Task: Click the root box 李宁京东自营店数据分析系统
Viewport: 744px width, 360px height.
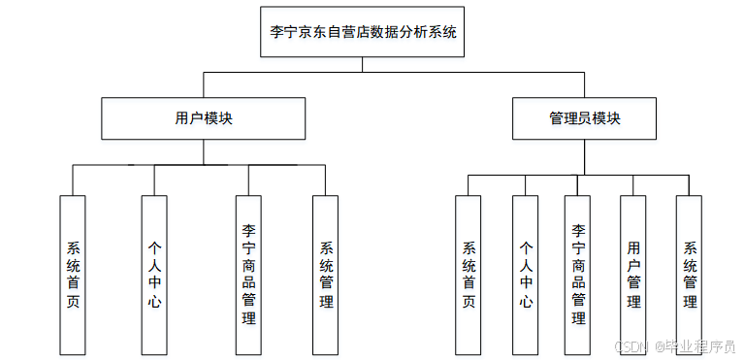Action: [x=363, y=31]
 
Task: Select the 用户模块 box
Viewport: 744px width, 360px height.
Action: [x=204, y=118]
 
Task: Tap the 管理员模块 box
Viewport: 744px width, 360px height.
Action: [x=584, y=118]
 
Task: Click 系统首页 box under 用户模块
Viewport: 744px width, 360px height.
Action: [x=73, y=275]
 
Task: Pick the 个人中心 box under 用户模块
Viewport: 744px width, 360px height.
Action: [x=154, y=275]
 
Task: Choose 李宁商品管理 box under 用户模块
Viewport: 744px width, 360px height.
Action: [x=249, y=275]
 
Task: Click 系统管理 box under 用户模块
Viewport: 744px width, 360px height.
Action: [x=326, y=275]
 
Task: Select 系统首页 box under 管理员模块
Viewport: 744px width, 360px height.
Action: [x=469, y=275]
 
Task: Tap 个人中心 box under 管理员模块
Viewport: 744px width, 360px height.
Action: [x=525, y=275]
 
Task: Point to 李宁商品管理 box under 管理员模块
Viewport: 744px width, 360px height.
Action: [x=578, y=275]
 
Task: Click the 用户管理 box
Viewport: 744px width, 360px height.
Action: [x=633, y=275]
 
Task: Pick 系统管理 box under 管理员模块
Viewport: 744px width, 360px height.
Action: [x=690, y=275]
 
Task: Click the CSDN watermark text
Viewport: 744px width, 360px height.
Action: [x=631, y=345]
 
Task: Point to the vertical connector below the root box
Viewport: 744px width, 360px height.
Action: [x=363, y=64]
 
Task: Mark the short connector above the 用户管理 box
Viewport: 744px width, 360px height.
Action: [x=633, y=185]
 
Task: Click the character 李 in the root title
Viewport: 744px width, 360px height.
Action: [x=277, y=31]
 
